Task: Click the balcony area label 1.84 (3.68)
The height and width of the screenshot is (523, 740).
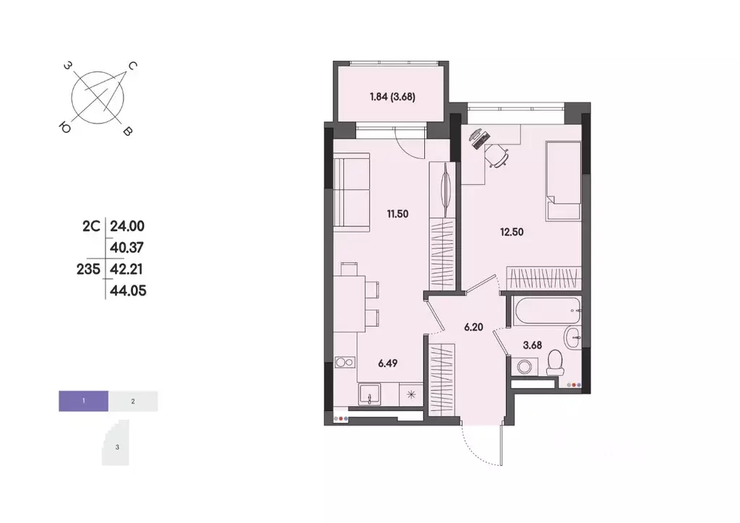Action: pos(392,96)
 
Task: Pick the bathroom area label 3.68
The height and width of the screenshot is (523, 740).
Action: pos(533,345)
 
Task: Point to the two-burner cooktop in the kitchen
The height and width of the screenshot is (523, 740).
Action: pos(345,364)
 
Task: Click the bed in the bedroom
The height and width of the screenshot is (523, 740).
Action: pos(563,181)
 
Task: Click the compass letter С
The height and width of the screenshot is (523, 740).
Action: pos(133,66)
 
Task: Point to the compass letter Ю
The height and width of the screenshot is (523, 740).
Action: pos(65,128)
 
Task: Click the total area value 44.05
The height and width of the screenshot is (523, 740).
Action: pos(121,290)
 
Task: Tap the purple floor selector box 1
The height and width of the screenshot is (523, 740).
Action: pos(84,400)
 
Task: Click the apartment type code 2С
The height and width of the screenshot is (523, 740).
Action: pos(90,226)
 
